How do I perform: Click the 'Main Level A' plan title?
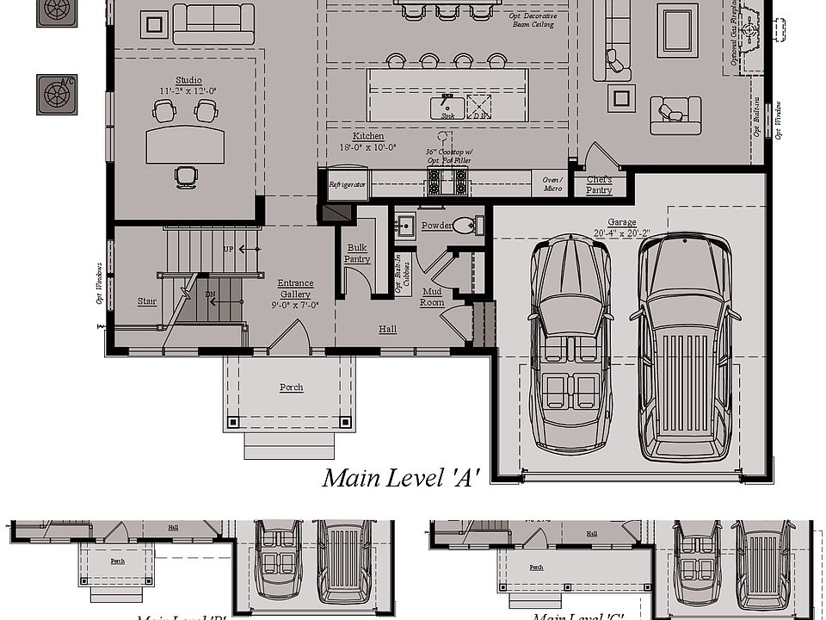coord(400,478)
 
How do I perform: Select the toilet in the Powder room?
coord(464,226)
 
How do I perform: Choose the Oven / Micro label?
coord(552,183)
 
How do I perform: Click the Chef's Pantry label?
coord(599,184)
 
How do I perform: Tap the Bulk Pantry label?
coord(356,253)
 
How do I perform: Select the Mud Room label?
coord(431,297)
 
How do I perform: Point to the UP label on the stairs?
coord(228,249)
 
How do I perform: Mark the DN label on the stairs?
coord(210,294)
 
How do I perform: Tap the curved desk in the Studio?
coord(185,145)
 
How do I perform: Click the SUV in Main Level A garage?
coord(685,344)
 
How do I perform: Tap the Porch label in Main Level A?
coord(291,387)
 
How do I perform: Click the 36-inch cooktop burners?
coord(447,182)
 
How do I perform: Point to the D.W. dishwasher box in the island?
coord(478,107)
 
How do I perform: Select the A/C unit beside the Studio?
coord(56,95)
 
